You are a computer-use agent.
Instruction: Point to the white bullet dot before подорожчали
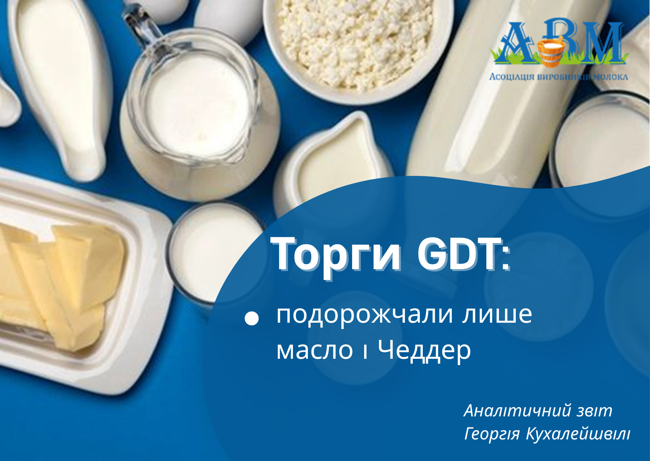(252, 319)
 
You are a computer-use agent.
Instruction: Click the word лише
(497, 315)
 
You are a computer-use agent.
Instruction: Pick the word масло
(315, 350)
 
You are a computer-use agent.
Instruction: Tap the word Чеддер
(424, 351)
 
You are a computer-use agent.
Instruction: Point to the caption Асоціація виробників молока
(558, 77)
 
